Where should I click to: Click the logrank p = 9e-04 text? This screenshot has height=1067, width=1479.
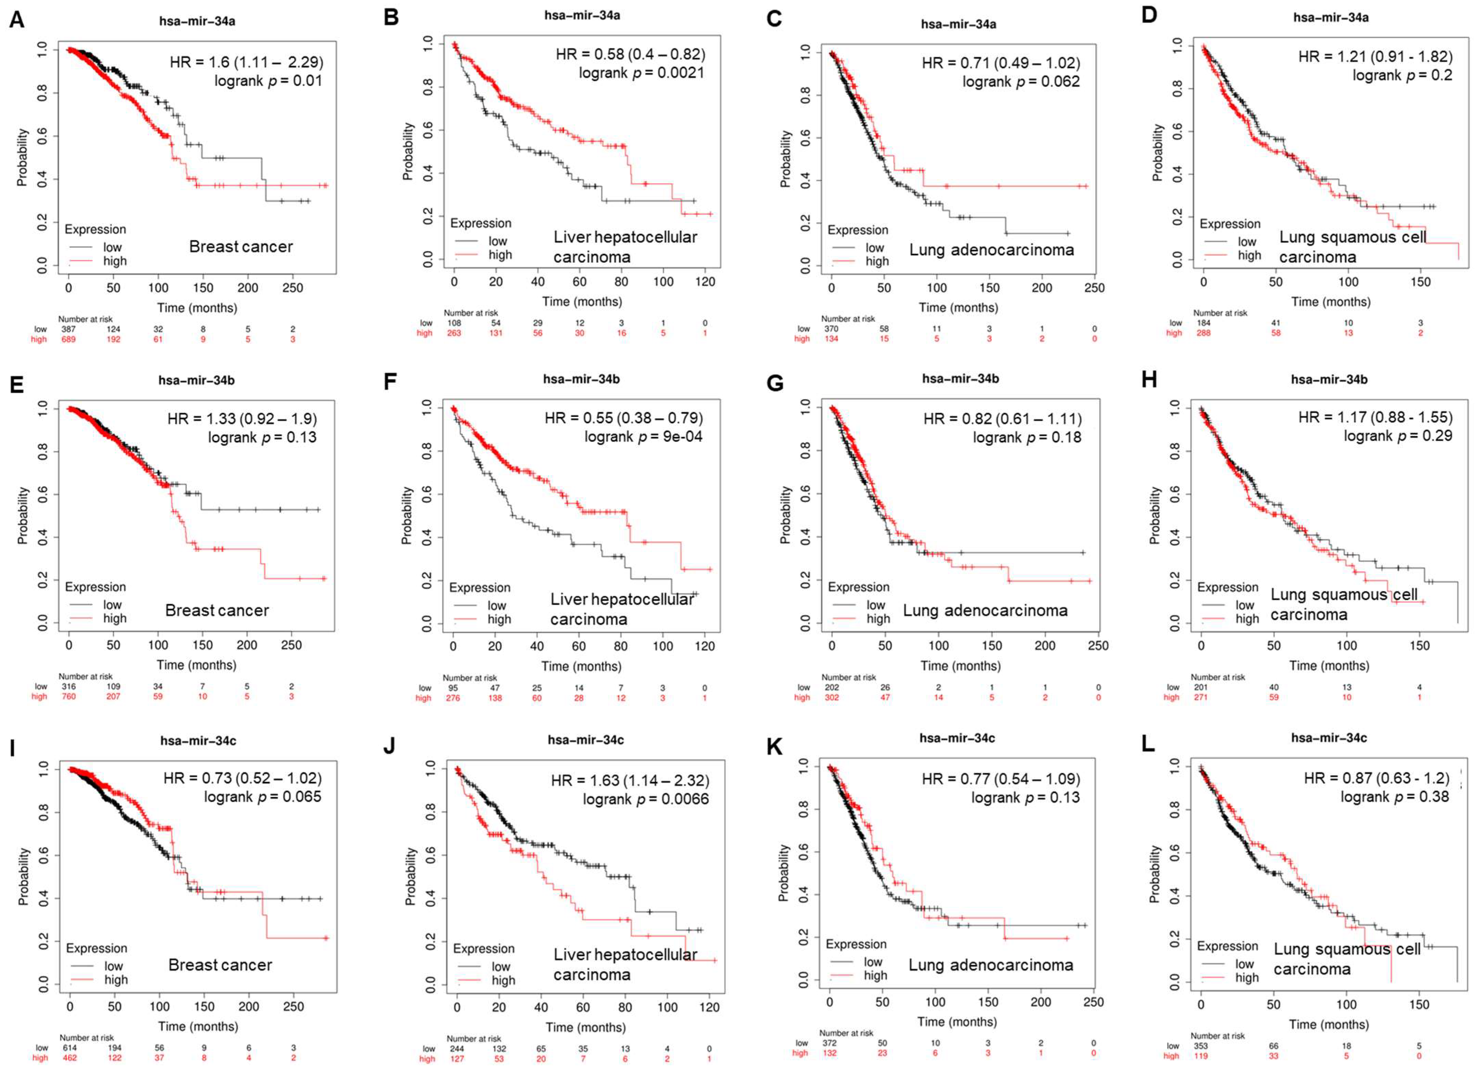point(643,436)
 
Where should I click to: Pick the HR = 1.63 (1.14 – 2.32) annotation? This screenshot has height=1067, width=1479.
point(630,780)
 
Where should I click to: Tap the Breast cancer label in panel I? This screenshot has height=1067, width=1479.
point(221,965)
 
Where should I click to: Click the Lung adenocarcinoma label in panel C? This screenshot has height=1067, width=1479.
point(991,250)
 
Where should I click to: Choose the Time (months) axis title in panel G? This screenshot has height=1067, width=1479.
point(960,666)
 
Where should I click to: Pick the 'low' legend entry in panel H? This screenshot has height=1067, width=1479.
point(1244,605)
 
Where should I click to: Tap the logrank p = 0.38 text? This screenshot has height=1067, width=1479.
point(1394,797)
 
